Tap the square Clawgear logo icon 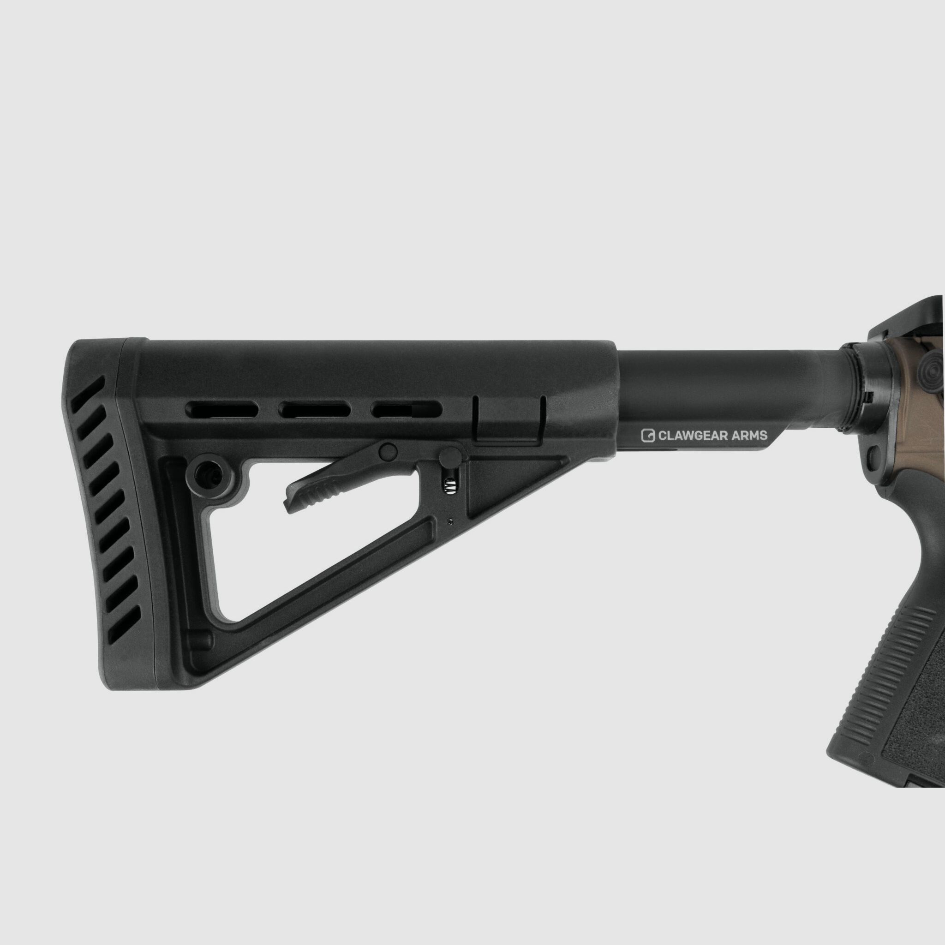[x=648, y=435]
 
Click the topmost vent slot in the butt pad [x=88, y=394]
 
